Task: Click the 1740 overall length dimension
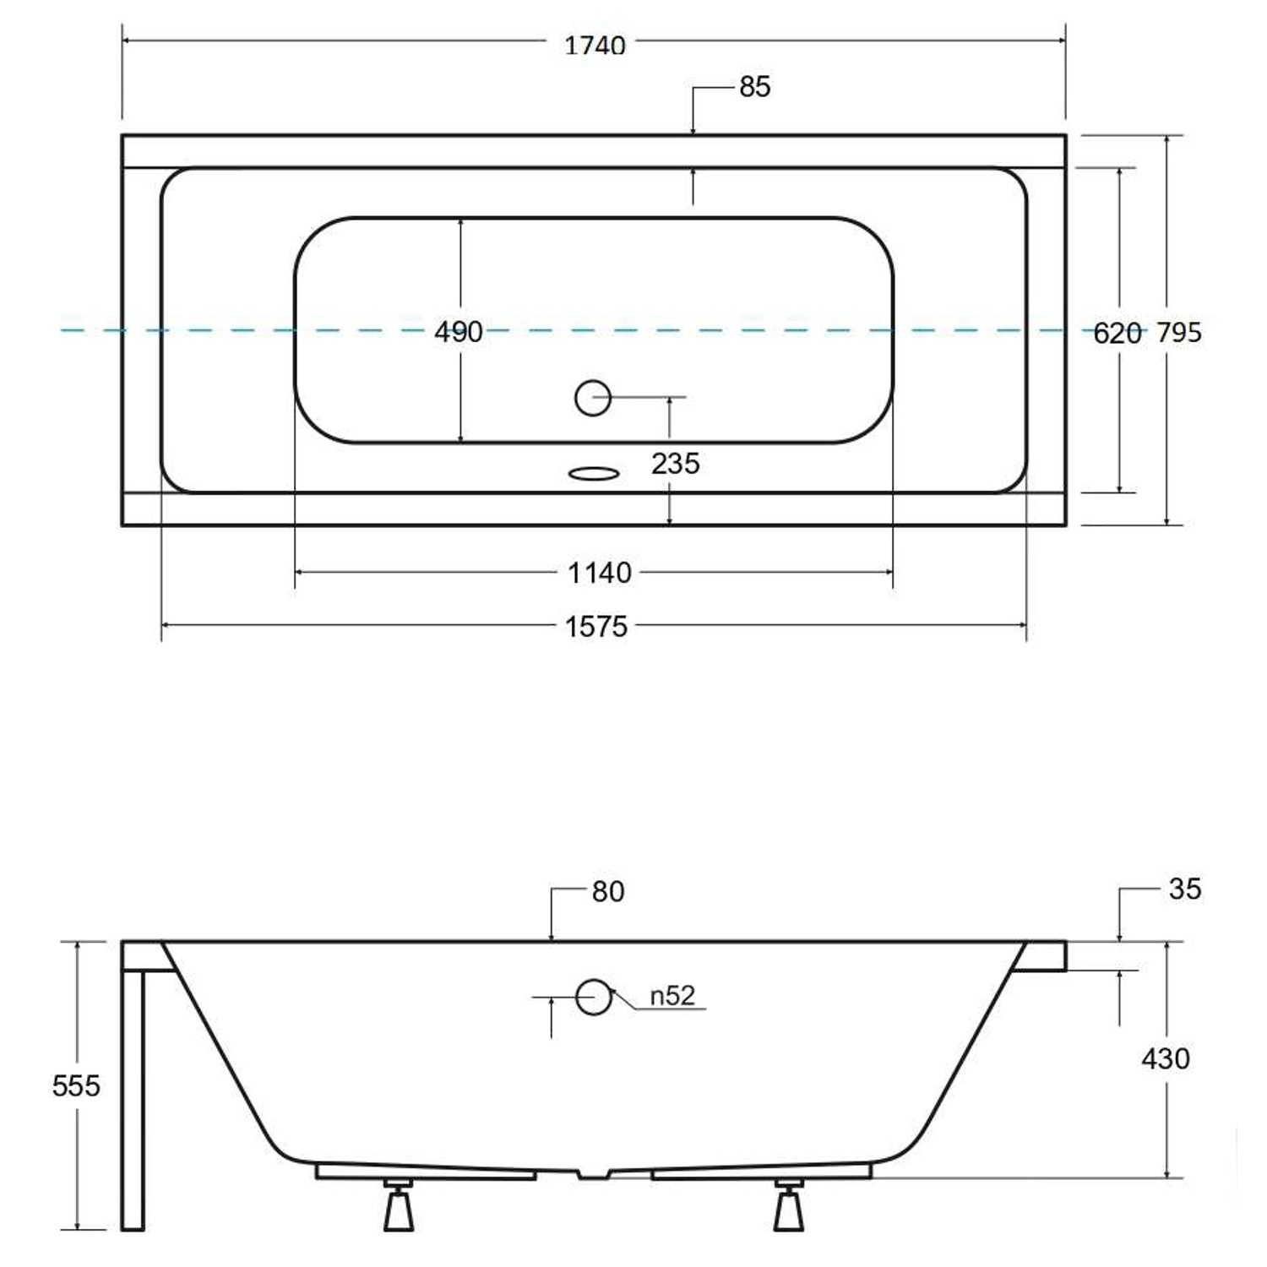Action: pos(595,45)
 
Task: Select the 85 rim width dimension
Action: pos(754,87)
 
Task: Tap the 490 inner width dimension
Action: pos(458,331)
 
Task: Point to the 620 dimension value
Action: pos(1117,334)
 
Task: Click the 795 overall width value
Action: pos(1179,333)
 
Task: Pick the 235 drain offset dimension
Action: pos(675,463)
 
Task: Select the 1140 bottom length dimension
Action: pos(599,573)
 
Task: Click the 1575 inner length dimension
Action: pos(595,626)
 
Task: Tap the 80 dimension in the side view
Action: pos(607,891)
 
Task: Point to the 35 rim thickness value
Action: pos(1184,889)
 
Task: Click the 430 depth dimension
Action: pos(1165,1058)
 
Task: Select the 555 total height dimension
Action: pos(76,1085)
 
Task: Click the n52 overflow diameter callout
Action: pos(672,996)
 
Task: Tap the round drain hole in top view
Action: pos(593,397)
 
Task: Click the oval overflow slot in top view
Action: pos(593,473)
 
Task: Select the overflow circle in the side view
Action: pos(593,997)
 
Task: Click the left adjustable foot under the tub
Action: pos(399,1207)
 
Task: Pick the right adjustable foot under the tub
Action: pos(789,1207)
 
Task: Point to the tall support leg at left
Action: pos(133,1098)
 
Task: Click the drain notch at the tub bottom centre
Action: pos(593,1174)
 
